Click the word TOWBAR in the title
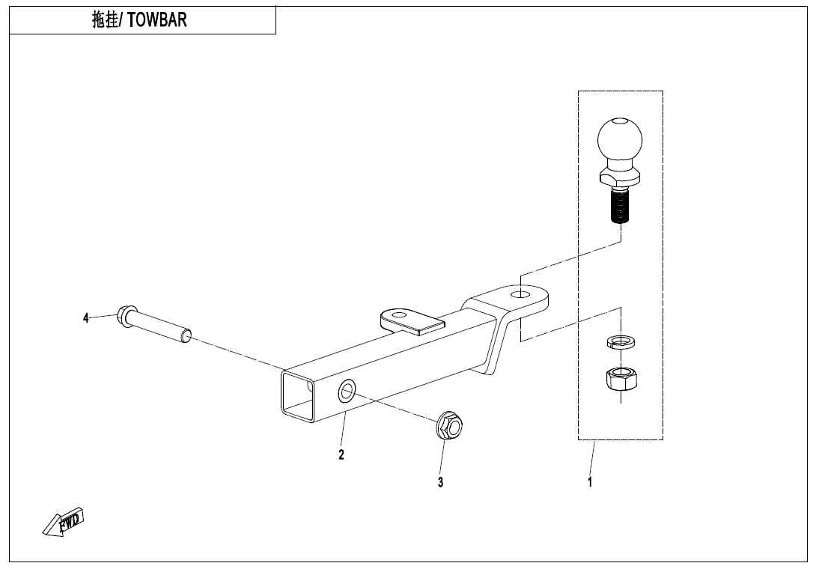pyautogui.click(x=157, y=20)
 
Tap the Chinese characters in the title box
pyautogui.click(x=106, y=20)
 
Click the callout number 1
pyautogui.click(x=590, y=482)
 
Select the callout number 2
pyautogui.click(x=341, y=454)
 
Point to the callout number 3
pyautogui.click(x=441, y=482)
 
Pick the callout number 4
pyautogui.click(x=86, y=318)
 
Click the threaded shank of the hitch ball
pyautogui.click(x=620, y=207)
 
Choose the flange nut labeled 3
pyautogui.click(x=448, y=427)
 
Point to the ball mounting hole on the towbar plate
pyautogui.click(x=519, y=294)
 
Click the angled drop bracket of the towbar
pyautogui.click(x=496, y=344)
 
